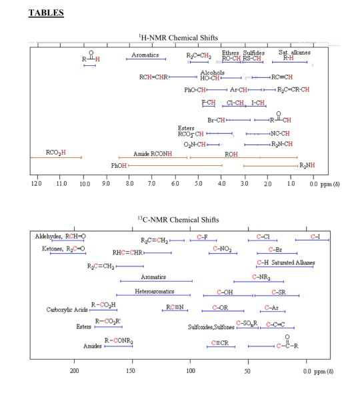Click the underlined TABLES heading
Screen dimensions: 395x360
coord(45,13)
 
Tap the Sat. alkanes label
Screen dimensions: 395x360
coord(291,52)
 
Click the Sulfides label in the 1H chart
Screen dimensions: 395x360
coord(253,52)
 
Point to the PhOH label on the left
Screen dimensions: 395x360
coord(118,165)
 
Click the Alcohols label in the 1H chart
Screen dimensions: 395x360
coord(212,72)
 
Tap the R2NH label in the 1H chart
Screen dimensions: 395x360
coord(307,165)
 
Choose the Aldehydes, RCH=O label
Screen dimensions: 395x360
coord(60,236)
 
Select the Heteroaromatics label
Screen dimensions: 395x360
coord(154,291)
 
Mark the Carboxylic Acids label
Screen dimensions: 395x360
coord(67,310)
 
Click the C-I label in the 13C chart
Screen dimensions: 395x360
coord(316,236)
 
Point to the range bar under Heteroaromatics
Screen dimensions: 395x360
coord(153,295)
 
